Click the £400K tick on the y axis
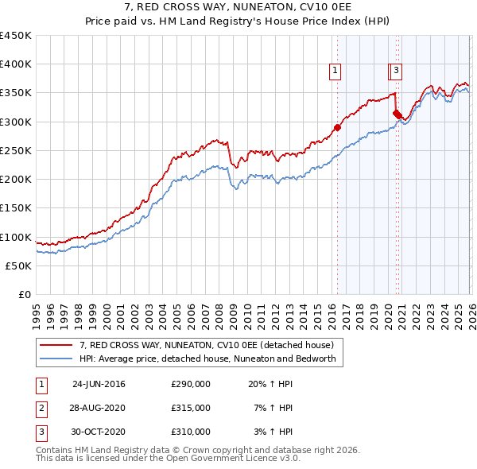[x=16, y=64]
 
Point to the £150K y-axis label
[x=16, y=207]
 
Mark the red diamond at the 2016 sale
[x=337, y=127]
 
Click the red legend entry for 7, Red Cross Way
[x=211, y=345]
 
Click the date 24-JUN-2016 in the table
[x=99, y=384]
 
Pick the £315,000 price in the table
[x=190, y=408]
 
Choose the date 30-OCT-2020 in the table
[x=99, y=432]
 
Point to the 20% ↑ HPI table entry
[x=271, y=384]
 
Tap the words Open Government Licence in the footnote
[x=237, y=459]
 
